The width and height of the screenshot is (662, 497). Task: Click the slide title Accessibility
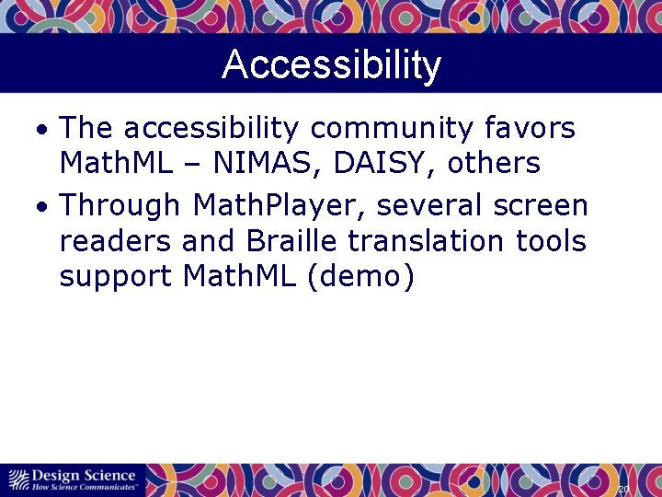pyautogui.click(x=331, y=65)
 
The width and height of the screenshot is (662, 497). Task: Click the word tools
pyautogui.click(x=551, y=240)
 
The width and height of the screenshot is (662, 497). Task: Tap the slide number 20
pyautogui.click(x=622, y=489)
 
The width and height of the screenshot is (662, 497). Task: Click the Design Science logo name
pyautogui.click(x=83, y=475)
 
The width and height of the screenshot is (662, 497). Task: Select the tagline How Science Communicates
pyautogui.click(x=85, y=486)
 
